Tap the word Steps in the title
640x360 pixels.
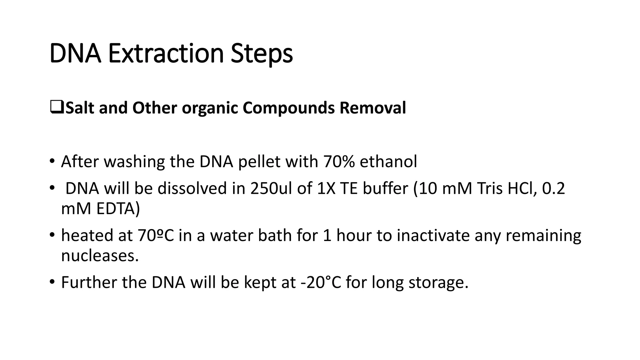(262, 54)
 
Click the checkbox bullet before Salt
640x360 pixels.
(57, 107)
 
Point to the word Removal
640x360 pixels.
(372, 108)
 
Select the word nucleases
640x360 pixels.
(99, 256)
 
